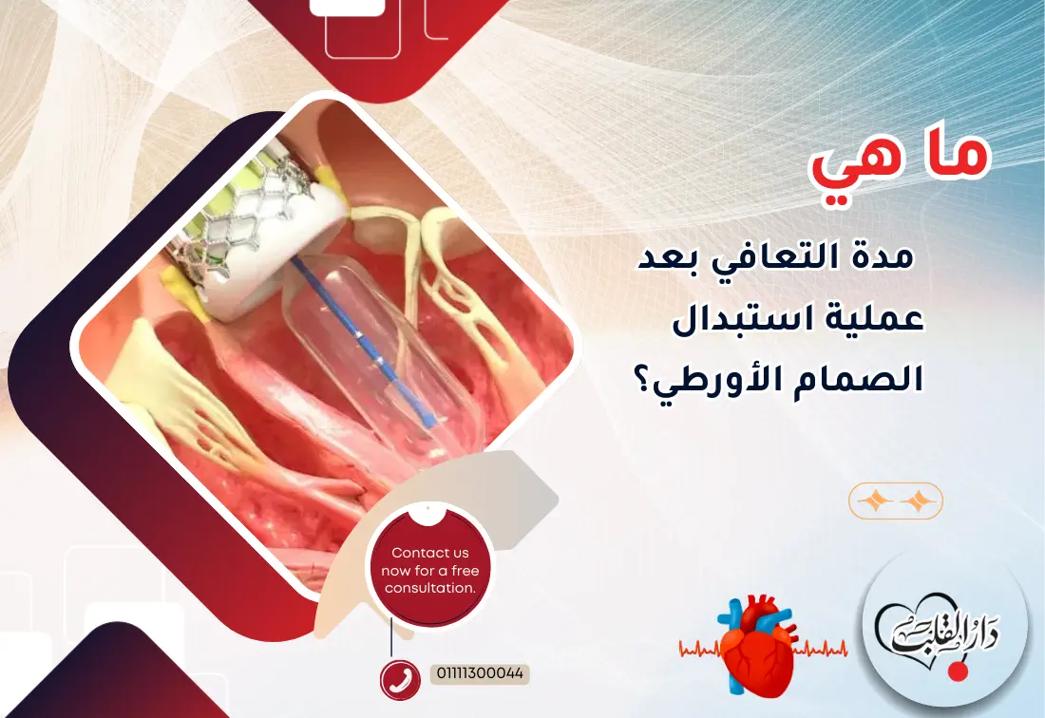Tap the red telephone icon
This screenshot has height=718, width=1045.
[x=400, y=679]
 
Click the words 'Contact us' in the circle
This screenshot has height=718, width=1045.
[x=429, y=553]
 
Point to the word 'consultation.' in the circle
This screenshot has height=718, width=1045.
[x=429, y=589]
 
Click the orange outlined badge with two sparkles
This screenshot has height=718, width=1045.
[x=895, y=501]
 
